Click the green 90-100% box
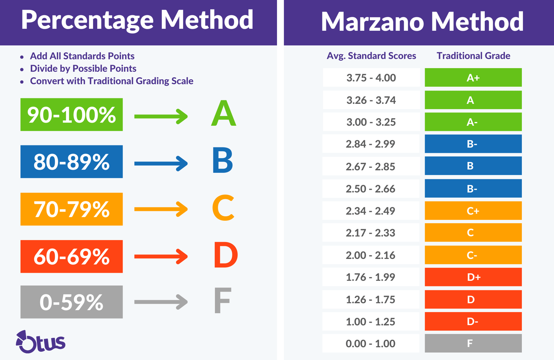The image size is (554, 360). pyautogui.click(x=71, y=115)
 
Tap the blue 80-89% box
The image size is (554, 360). pyautogui.click(x=71, y=162)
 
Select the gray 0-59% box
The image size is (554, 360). pyautogui.click(x=71, y=302)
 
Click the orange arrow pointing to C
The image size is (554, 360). pyautogui.click(x=161, y=209)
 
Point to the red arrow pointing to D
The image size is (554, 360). pyautogui.click(x=161, y=256)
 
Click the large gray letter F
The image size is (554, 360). pyautogui.click(x=222, y=301)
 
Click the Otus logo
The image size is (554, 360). pyautogui.click(x=41, y=342)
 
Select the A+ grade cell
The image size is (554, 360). pyautogui.click(x=473, y=78)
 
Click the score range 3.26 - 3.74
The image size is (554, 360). pyautogui.click(x=371, y=100)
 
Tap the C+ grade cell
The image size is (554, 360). pyautogui.click(x=473, y=210)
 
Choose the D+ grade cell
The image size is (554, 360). pyautogui.click(x=473, y=277)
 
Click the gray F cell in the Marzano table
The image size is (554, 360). pyautogui.click(x=473, y=343)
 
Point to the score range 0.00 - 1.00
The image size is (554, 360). pyautogui.click(x=370, y=343)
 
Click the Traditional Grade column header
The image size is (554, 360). pyautogui.click(x=473, y=56)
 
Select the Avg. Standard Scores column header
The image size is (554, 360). pyautogui.click(x=371, y=56)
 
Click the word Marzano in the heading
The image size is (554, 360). pyautogui.click(x=372, y=22)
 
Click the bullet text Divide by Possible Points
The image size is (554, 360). pyautogui.click(x=83, y=69)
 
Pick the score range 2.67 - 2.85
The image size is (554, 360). pyautogui.click(x=370, y=166)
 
